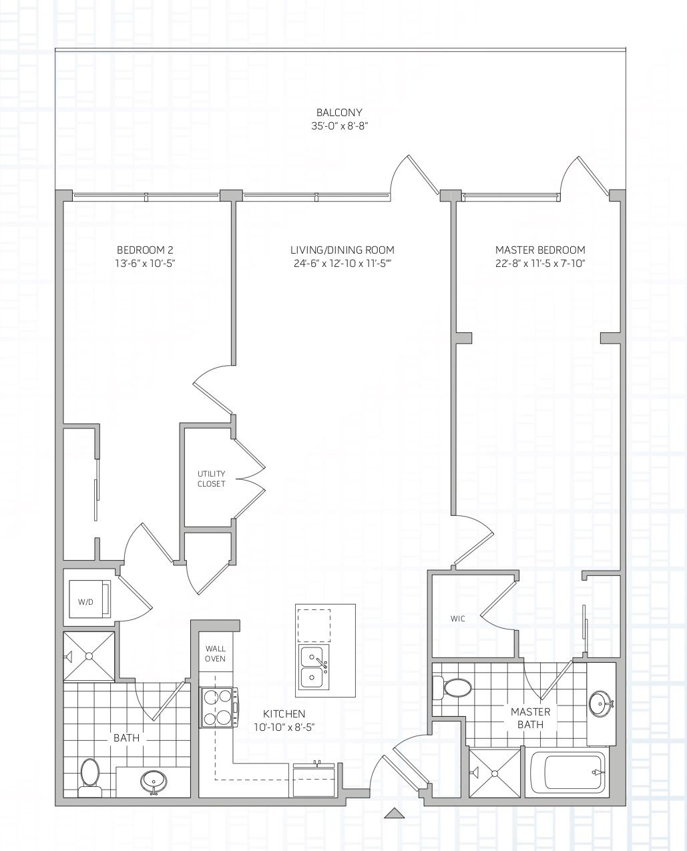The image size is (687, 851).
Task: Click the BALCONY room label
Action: pyautogui.click(x=339, y=112)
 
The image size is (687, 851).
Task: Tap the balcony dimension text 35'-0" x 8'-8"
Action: pyautogui.click(x=339, y=126)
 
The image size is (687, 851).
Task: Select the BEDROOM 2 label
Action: pyautogui.click(x=145, y=250)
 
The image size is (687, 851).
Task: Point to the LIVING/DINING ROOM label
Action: pyautogui.click(x=342, y=250)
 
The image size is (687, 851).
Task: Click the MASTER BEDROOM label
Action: pyautogui.click(x=540, y=250)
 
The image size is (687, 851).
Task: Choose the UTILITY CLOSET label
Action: pyautogui.click(x=212, y=479)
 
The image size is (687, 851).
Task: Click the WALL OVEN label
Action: pyautogui.click(x=216, y=653)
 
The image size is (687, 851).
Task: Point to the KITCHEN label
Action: pyautogui.click(x=284, y=714)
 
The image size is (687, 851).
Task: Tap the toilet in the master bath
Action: pyautogui.click(x=453, y=688)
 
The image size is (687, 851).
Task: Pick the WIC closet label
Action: pyautogui.click(x=457, y=619)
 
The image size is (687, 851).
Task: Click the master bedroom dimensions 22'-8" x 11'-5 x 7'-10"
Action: pyautogui.click(x=540, y=264)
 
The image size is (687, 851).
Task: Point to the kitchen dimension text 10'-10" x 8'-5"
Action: pyautogui.click(x=284, y=728)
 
